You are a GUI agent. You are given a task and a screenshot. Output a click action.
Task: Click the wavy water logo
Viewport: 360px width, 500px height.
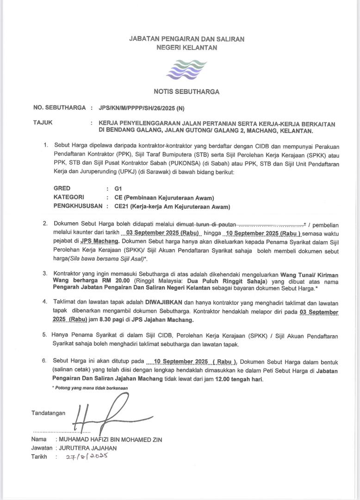[186, 69]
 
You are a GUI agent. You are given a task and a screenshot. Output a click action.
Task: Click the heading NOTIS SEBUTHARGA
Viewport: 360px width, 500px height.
[186, 92]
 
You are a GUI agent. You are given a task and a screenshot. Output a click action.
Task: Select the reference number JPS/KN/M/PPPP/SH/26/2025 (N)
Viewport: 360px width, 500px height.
[142, 108]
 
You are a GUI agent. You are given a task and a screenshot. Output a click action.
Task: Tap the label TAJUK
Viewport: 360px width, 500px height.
[43, 123]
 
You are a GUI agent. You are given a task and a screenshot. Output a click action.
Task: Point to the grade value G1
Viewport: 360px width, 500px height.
[111, 189]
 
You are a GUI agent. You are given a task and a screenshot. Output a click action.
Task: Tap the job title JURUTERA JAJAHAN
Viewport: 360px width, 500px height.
[88, 448]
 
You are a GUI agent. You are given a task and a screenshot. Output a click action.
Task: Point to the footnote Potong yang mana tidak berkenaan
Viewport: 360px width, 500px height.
[90, 387]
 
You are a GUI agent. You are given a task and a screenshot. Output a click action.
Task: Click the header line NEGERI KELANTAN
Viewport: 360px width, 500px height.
[186, 48]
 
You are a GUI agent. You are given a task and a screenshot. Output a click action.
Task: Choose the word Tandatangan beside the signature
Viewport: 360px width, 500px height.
[49, 412]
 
